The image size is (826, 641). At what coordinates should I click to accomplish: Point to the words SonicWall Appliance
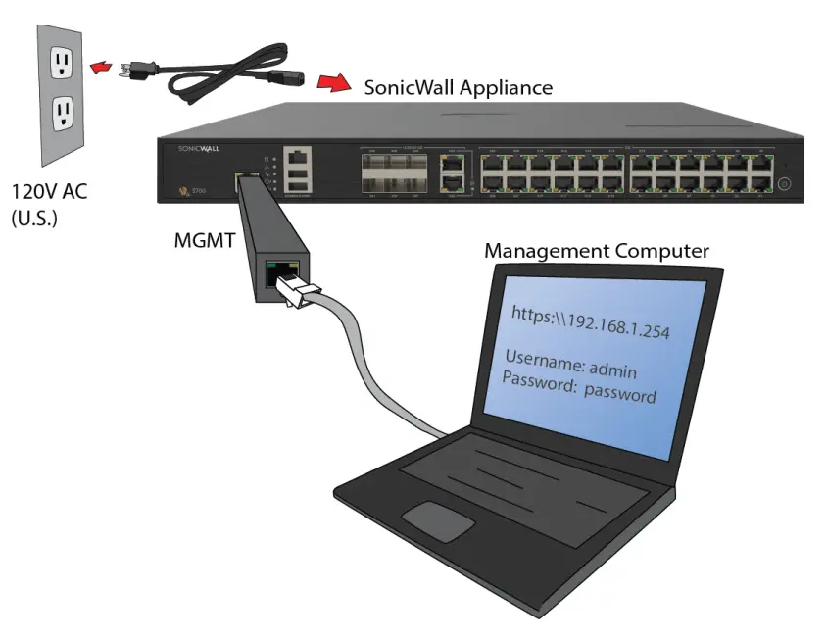(458, 87)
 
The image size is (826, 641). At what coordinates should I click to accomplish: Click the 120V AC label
(49, 192)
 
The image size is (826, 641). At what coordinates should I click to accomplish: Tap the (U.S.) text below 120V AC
(34, 218)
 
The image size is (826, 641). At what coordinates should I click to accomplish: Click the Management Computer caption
(596, 251)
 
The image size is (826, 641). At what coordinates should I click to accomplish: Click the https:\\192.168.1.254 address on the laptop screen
(591, 320)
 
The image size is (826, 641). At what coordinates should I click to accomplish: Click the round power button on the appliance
(784, 183)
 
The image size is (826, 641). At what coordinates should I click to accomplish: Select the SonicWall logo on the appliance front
(203, 148)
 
